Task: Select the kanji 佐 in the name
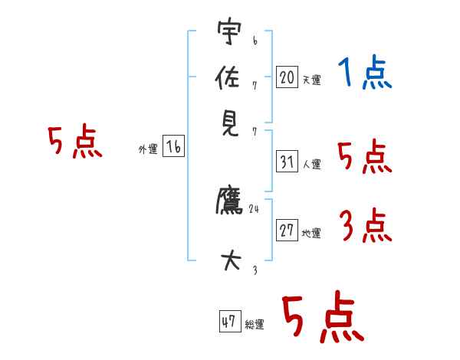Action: coord(228,77)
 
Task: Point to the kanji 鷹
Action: coord(228,201)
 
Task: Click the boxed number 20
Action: coord(287,77)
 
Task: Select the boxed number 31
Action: coord(287,162)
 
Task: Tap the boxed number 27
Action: coord(287,231)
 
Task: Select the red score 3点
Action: coord(365,226)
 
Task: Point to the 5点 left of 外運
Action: coord(74,143)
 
